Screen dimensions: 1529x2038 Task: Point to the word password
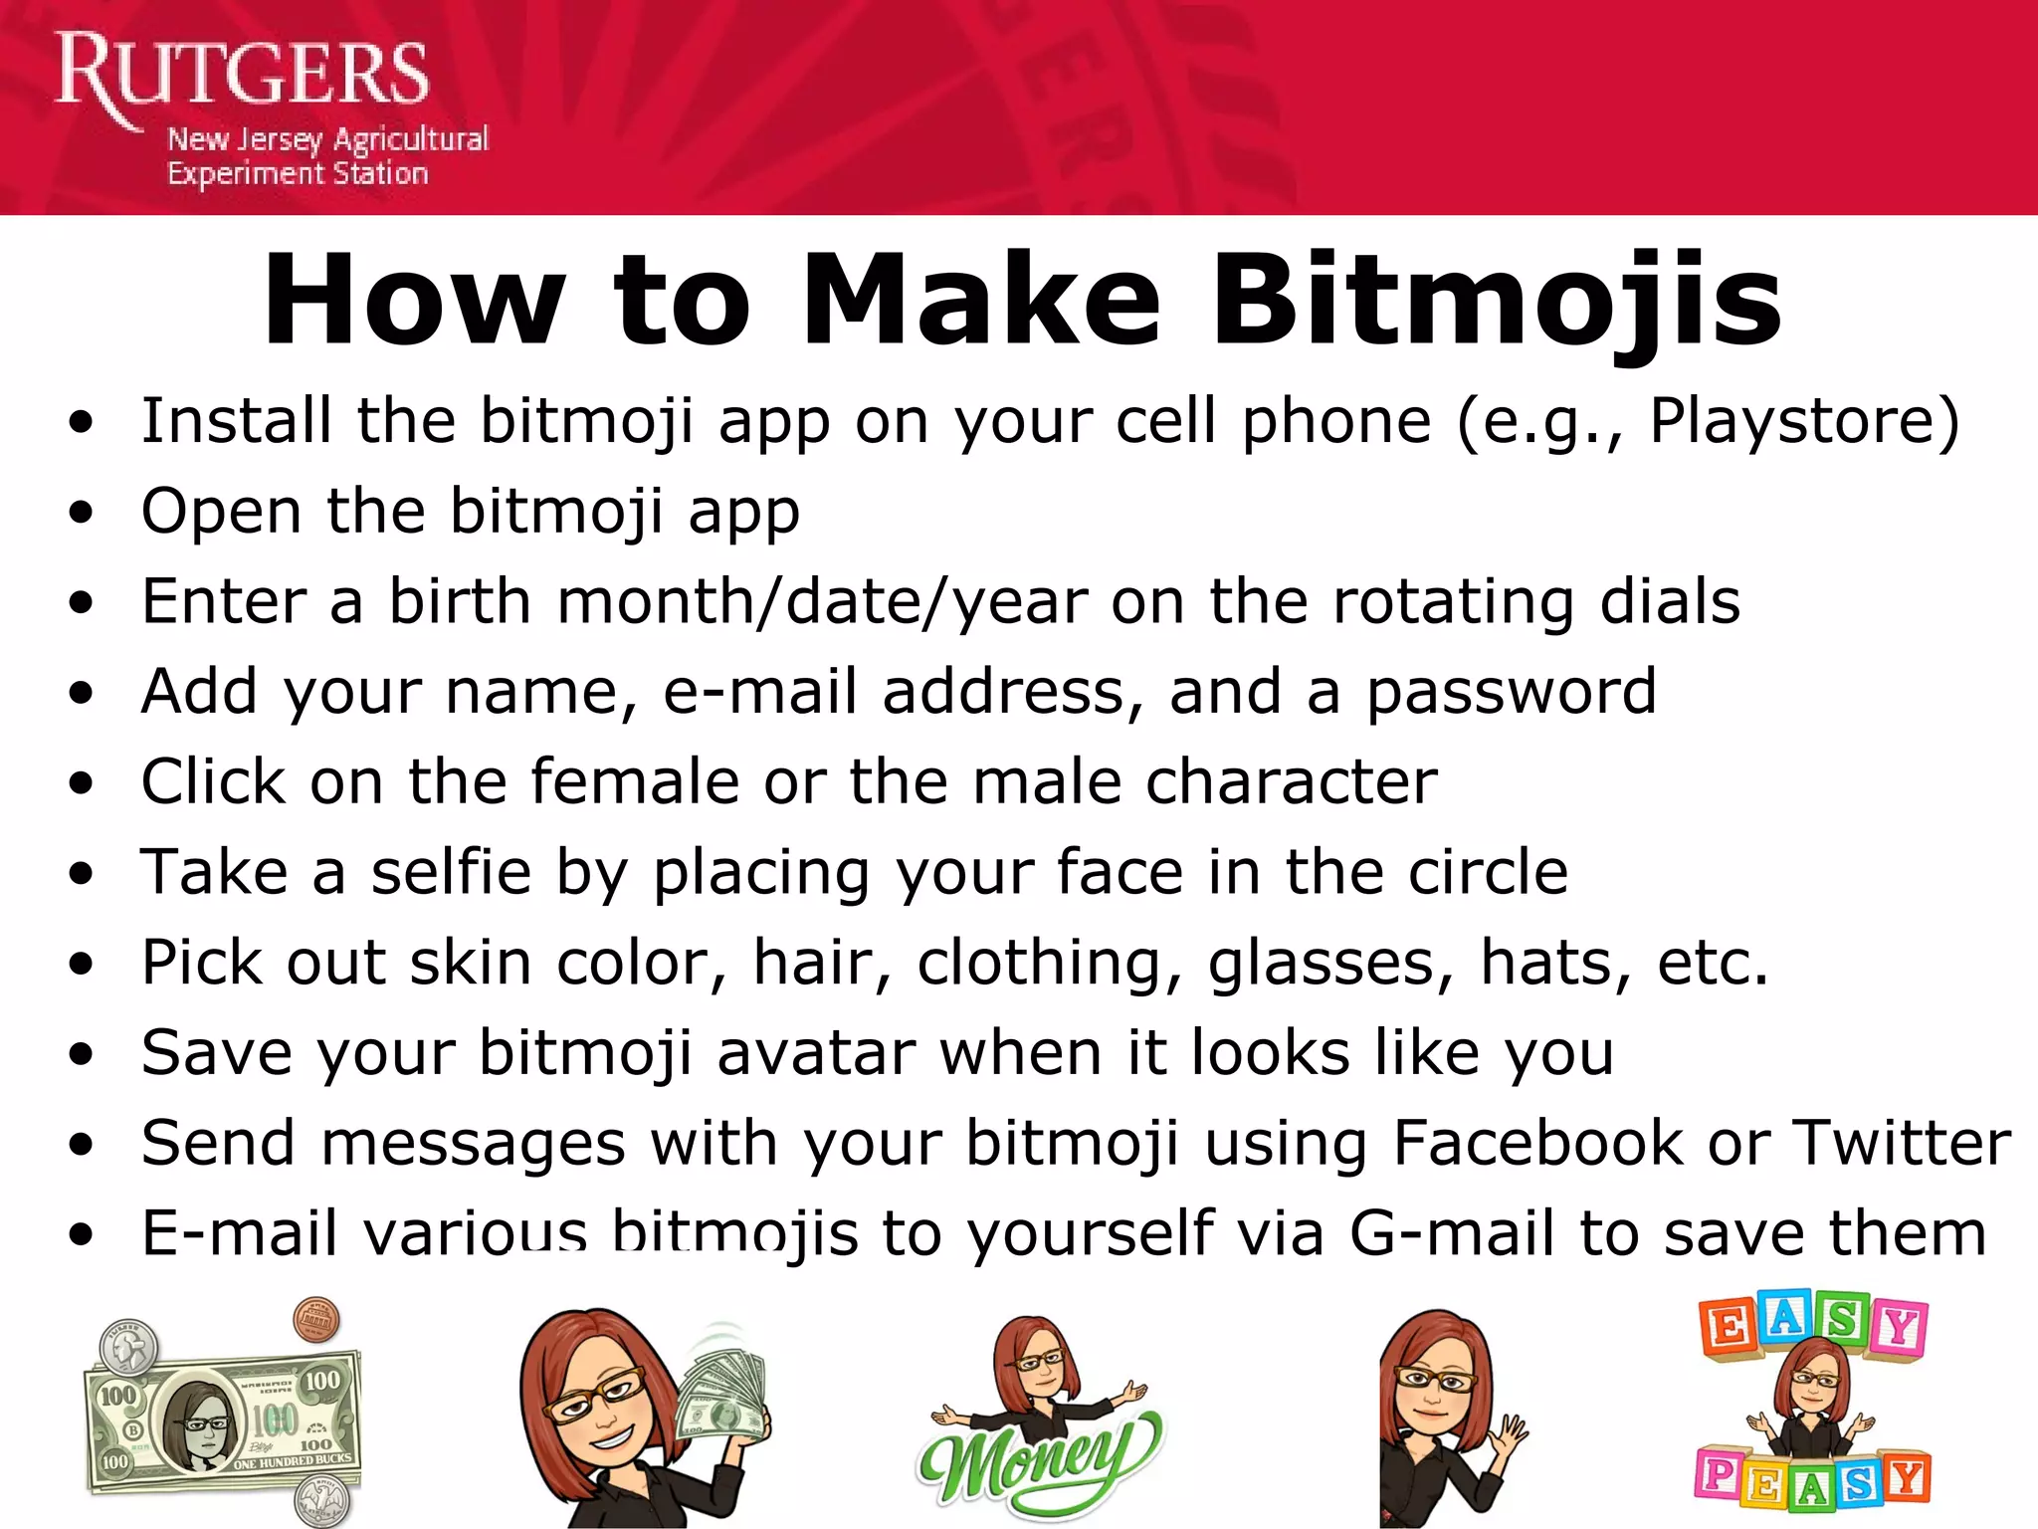[x=1511, y=692]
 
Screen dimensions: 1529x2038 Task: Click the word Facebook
[x=1537, y=1143]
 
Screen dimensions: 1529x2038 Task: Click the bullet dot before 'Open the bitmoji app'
[x=82, y=513]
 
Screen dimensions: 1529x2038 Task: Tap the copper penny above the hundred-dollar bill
[x=315, y=1321]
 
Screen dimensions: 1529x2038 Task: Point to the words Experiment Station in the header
[x=297, y=174]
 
